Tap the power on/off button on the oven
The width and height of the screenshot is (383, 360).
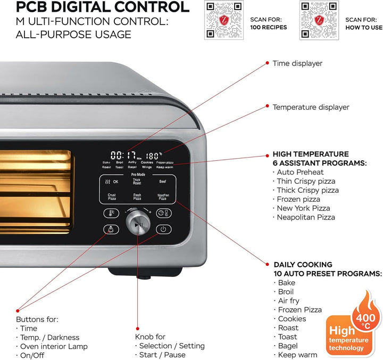click(x=163, y=230)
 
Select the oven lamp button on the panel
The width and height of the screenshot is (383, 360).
click(x=111, y=230)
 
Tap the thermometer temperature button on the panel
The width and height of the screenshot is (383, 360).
click(x=111, y=213)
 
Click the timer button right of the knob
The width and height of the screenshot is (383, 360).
click(x=163, y=213)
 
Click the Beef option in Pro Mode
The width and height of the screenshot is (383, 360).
click(x=162, y=182)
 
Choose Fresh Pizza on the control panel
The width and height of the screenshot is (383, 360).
click(x=137, y=197)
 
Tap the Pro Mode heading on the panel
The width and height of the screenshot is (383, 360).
click(x=137, y=174)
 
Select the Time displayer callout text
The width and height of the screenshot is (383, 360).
click(x=297, y=63)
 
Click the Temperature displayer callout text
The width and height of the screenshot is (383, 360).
click(x=311, y=107)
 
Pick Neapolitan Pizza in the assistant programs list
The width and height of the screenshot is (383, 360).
click(x=306, y=217)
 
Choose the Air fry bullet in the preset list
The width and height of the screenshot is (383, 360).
click(x=289, y=301)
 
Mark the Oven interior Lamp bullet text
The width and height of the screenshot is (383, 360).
click(x=49, y=346)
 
